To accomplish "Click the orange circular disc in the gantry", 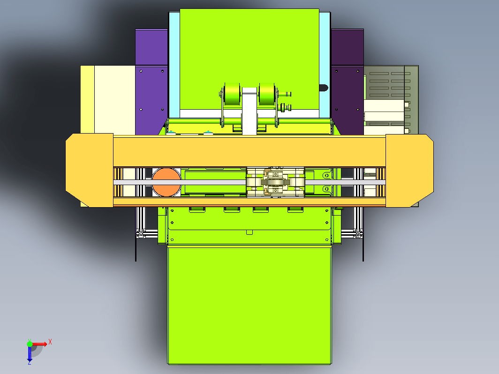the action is tap(166, 182).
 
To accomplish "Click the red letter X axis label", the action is tap(50, 342).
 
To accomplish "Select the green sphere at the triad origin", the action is tap(30, 344).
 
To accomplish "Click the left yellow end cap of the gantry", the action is tap(90, 171).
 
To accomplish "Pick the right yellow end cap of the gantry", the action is tap(409, 171).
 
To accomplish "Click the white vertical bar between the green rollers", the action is tap(249, 111).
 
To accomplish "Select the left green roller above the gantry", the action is tap(232, 94).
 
